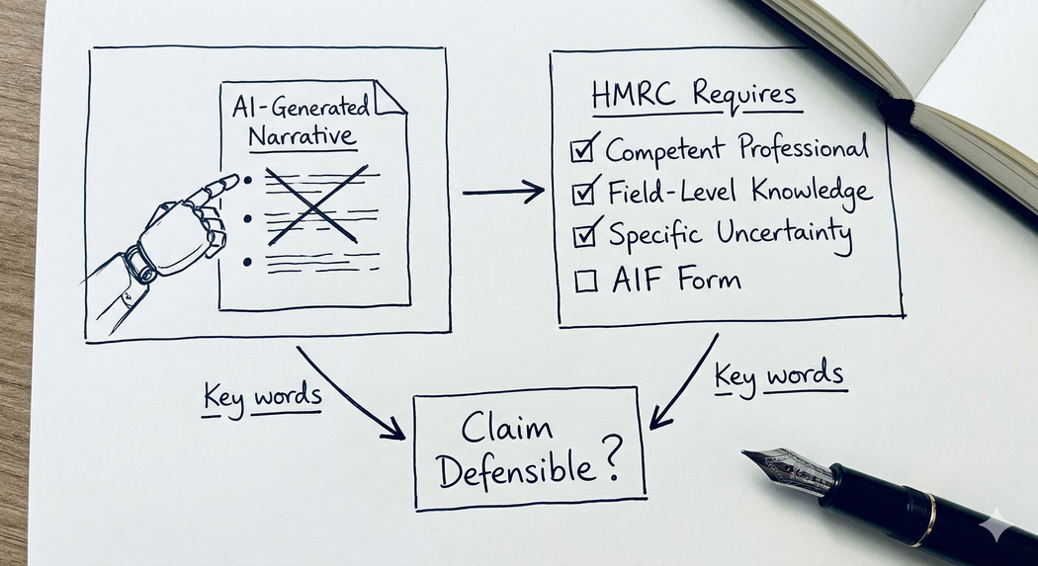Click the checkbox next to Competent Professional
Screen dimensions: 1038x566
click(x=582, y=151)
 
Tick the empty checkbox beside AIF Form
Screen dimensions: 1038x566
click(x=586, y=281)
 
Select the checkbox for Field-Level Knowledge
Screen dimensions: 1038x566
click(x=585, y=193)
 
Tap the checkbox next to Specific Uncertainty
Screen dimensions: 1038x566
click(x=586, y=235)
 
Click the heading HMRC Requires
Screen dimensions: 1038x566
click(x=693, y=96)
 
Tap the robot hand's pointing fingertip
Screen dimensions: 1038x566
click(x=233, y=181)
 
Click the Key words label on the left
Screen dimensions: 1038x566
click(x=262, y=397)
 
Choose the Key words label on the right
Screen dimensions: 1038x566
click(x=779, y=375)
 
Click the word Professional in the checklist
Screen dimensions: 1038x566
click(x=803, y=149)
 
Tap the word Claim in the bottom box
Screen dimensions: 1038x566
click(x=507, y=429)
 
